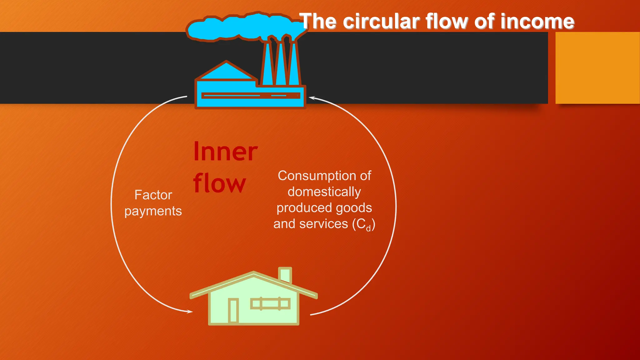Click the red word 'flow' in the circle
tap(219, 184)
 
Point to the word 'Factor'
tap(153, 195)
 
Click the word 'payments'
tap(153, 211)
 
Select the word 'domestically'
tap(324, 192)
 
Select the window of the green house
tap(270, 303)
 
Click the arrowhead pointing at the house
tap(189, 311)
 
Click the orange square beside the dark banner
tap(597, 68)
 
